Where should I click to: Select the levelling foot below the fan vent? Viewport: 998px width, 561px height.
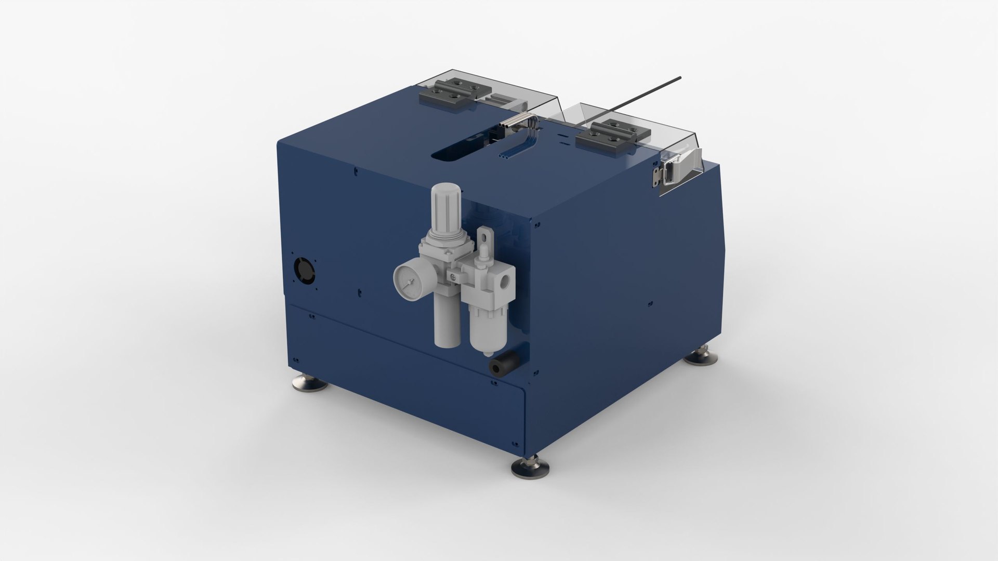(309, 383)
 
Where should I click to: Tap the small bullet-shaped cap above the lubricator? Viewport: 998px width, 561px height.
(485, 253)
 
